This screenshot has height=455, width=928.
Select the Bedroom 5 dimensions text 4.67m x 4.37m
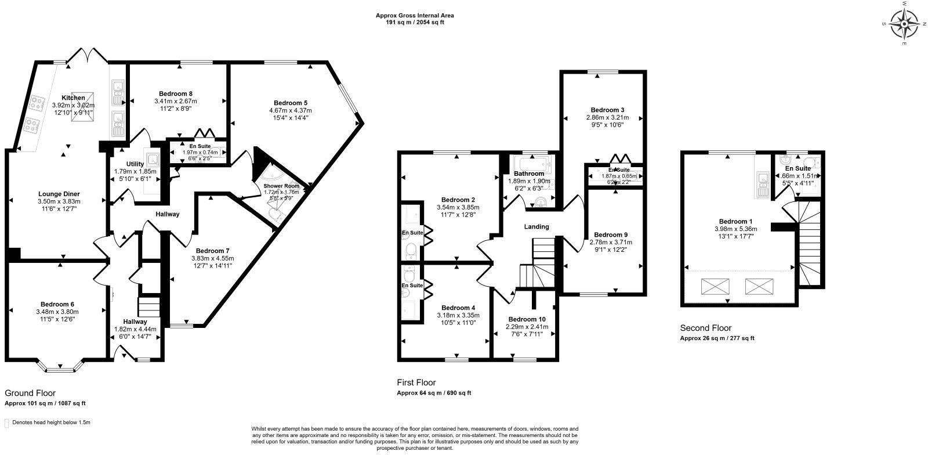290,110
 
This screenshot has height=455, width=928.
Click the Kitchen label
74,98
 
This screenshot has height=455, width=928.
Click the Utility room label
135,164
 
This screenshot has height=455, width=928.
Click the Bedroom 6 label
57,304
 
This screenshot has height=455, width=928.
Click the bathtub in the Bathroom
531,162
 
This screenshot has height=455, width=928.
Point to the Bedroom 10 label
527,319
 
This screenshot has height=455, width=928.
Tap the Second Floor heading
705,328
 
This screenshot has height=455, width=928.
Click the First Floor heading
416,382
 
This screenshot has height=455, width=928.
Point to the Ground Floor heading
30,393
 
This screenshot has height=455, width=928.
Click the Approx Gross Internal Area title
415,15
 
